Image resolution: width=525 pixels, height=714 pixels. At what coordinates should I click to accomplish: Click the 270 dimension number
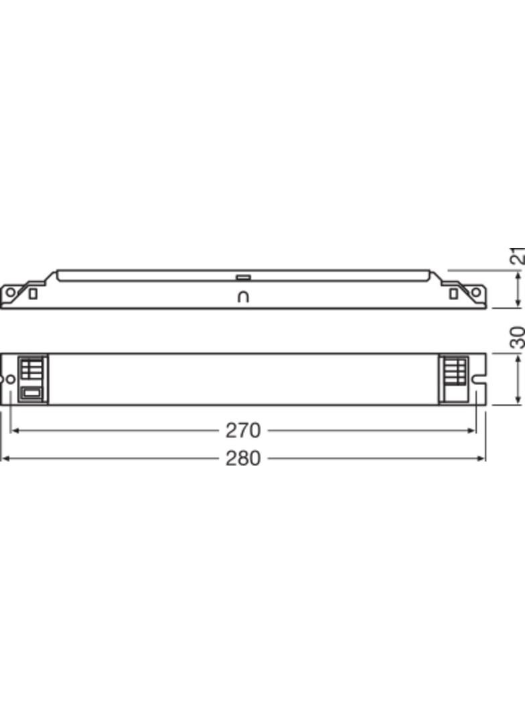(242, 430)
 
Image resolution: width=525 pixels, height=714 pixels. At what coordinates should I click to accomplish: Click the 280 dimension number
(242, 459)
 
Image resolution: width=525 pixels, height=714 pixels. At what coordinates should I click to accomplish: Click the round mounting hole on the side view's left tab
(10, 293)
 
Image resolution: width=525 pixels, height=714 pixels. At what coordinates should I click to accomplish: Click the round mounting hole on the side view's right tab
(476, 293)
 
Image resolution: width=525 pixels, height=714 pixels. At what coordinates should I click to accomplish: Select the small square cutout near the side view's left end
(33, 293)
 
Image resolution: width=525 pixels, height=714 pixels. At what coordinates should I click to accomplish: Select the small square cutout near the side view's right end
(453, 293)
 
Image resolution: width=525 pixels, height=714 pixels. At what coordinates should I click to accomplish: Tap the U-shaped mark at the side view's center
(243, 297)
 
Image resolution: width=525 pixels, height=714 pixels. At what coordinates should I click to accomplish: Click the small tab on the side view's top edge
(242, 276)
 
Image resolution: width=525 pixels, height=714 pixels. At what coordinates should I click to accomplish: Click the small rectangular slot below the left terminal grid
(31, 393)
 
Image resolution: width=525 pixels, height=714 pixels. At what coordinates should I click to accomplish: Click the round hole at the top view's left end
(10, 379)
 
